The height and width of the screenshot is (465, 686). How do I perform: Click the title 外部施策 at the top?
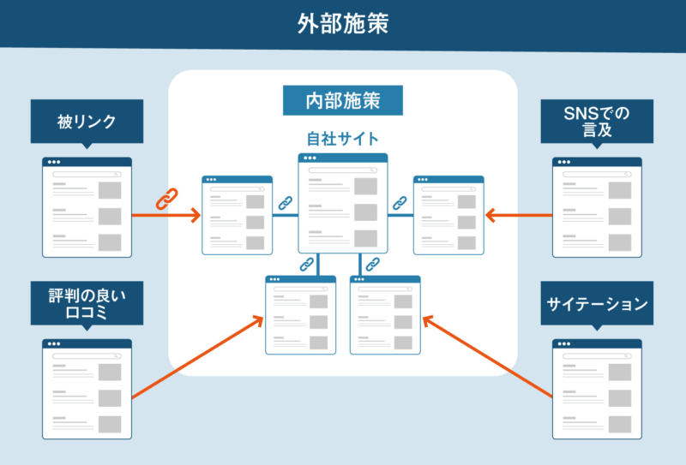coord(343,23)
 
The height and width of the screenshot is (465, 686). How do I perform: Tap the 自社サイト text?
coord(343,137)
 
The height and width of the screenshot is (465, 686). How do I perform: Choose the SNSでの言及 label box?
coord(597,122)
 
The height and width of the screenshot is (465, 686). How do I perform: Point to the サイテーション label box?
coord(597,303)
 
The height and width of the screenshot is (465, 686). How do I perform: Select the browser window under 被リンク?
coord(87,207)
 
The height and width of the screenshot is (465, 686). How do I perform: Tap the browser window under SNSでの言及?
coord(597,207)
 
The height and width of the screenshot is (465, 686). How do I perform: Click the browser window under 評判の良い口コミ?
coord(87,389)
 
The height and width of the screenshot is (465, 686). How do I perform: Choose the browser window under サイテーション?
coord(597,389)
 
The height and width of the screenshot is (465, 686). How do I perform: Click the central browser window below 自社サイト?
coord(343,203)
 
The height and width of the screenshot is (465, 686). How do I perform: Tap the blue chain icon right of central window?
coord(400,204)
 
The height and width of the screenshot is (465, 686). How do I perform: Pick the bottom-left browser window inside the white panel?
coord(300,315)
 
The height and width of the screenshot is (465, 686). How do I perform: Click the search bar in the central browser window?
coord(342,169)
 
